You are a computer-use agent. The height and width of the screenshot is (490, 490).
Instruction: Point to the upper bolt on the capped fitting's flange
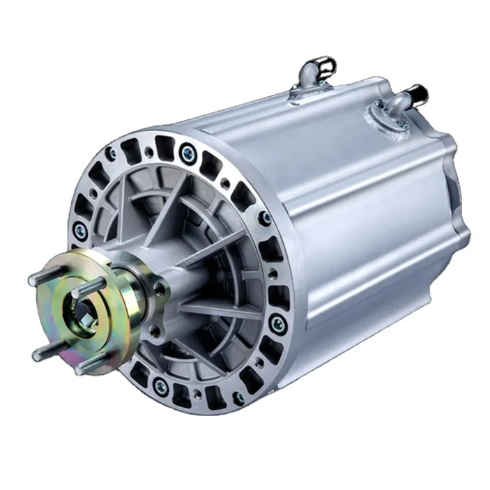380,106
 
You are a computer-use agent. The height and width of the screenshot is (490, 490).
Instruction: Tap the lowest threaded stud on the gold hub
87,367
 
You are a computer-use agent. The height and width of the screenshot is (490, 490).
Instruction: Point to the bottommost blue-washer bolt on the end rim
162,387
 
